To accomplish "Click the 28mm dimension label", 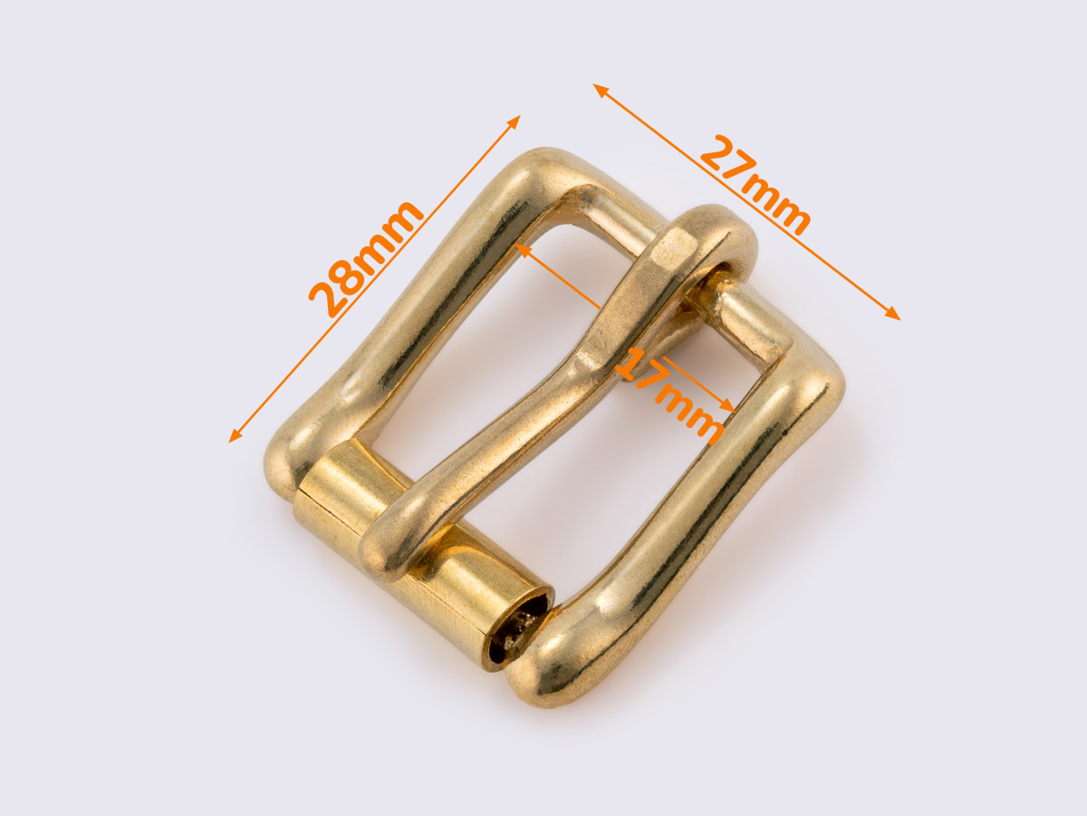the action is coord(365,258).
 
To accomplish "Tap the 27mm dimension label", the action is coord(755,185).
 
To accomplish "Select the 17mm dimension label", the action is coord(669,395).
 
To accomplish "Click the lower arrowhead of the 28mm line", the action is coord(234,436).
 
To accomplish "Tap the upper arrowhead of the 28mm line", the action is coord(514,121).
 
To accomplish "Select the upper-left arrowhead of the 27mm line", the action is coord(600,90).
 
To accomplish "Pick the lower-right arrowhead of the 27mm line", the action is coord(893,315).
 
